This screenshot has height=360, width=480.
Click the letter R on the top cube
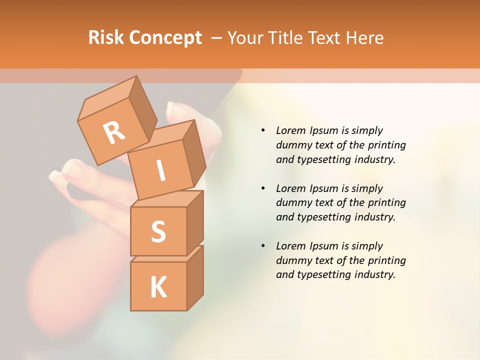click(114, 132)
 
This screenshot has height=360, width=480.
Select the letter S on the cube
click(158, 231)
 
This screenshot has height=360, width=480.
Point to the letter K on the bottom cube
click(158, 287)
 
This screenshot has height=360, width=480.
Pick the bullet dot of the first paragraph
click(263, 130)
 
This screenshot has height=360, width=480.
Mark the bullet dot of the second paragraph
click(263, 188)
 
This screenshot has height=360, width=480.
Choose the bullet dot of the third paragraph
click(263, 246)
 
